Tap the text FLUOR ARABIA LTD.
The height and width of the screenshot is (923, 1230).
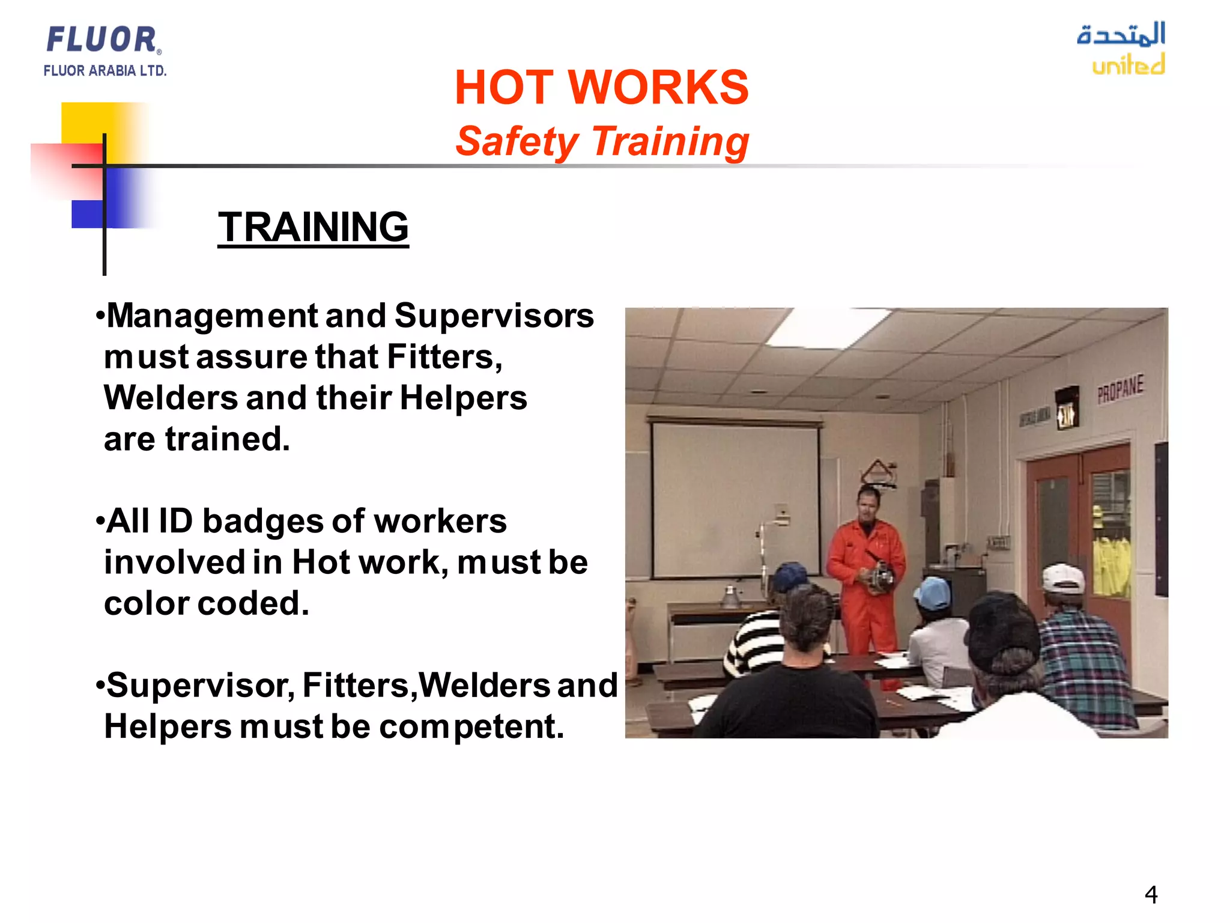[x=105, y=71]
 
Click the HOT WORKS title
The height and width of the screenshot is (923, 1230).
[x=601, y=88]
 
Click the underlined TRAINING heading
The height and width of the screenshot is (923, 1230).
[x=313, y=227]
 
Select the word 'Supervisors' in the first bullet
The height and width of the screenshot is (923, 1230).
[x=494, y=316]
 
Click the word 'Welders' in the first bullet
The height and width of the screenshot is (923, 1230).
[x=171, y=398]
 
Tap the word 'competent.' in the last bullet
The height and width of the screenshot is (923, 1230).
[x=471, y=727]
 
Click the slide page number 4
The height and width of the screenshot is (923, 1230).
[x=1151, y=895]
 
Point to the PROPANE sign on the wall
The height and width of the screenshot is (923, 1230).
[x=1120, y=389]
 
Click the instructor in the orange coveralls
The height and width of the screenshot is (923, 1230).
[x=865, y=577]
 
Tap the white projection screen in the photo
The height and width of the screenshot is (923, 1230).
[x=736, y=499]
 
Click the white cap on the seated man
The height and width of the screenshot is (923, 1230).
[x=1062, y=578]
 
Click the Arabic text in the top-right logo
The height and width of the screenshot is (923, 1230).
[x=1121, y=34]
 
